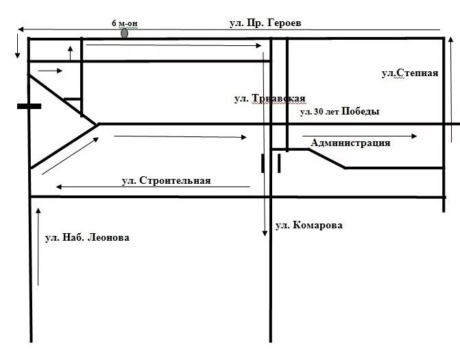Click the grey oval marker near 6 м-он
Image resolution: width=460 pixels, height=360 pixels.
(124, 33)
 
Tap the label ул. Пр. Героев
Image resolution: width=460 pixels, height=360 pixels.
(265, 23)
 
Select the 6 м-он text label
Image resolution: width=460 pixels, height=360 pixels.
(124, 23)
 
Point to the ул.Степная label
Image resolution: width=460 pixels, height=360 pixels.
(409, 73)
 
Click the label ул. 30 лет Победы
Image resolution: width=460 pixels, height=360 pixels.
(339, 112)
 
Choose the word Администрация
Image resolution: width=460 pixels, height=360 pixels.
(350, 143)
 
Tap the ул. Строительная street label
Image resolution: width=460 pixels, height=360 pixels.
(166, 181)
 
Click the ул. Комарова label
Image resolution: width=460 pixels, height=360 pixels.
(308, 225)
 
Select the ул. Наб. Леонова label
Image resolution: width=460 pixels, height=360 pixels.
(86, 238)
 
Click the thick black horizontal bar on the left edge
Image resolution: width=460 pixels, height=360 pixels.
(29, 106)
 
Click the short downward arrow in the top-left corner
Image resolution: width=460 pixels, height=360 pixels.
(18, 47)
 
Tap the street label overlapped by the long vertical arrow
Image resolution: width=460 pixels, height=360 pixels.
(269, 99)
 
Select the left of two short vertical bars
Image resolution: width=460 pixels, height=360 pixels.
(263, 163)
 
